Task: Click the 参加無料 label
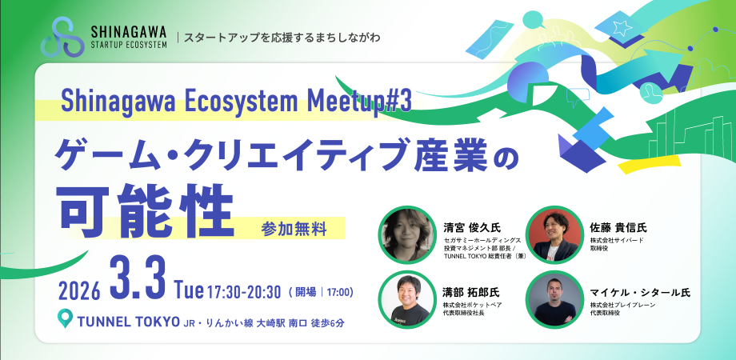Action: [x=294, y=228]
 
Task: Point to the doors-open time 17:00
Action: [x=338, y=291]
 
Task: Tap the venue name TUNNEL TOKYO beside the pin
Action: [x=126, y=322]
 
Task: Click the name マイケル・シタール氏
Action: [x=640, y=292]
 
